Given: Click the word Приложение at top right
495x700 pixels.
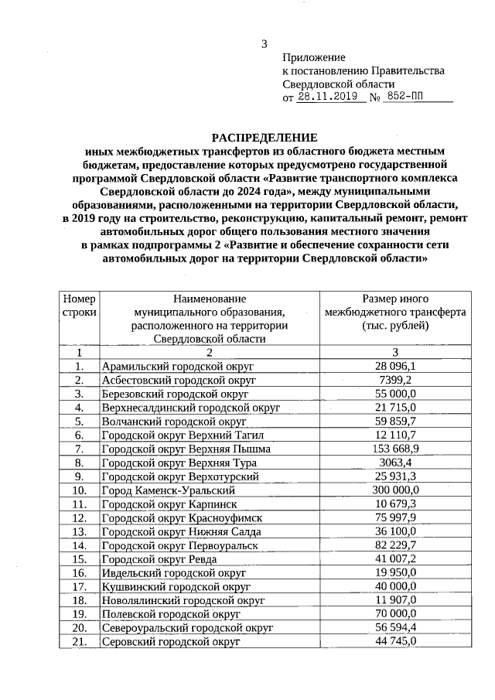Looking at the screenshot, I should pos(313,58).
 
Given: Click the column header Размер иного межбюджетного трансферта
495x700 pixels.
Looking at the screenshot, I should pos(395,312).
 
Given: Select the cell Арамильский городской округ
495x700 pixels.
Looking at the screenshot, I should pos(178,366).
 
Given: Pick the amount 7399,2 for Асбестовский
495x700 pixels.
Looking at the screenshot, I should pos(395,380).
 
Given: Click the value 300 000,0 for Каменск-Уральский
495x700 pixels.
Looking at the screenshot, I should pos(395,490).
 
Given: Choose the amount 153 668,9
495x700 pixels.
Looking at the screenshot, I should pos(395,449).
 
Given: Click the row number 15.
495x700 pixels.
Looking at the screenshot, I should pos(79,558).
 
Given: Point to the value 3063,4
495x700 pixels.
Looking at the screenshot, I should pos(395,463).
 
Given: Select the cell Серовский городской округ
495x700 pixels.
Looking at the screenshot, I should pos(171,641).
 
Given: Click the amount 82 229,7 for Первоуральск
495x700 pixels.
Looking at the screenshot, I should pos(395,545).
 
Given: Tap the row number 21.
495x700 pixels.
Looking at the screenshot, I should pos(79,641).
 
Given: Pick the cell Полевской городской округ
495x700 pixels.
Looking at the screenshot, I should pos(168,613).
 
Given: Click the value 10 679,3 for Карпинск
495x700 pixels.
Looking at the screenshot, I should pos(395,504).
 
